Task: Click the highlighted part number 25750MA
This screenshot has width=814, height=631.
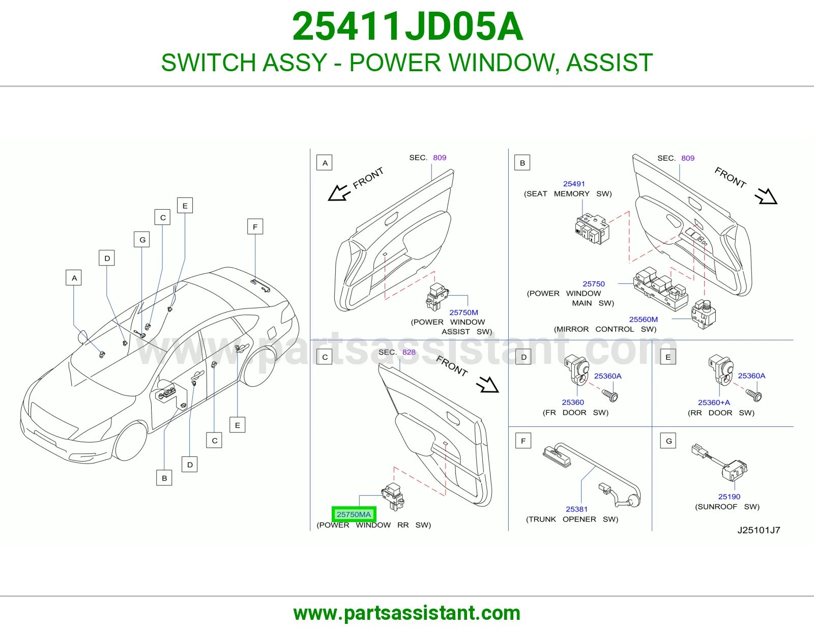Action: tap(354, 514)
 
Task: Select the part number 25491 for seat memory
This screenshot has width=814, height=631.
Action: tap(573, 184)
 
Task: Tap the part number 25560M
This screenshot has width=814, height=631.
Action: tap(643, 319)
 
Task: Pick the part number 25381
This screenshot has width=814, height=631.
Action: tap(576, 509)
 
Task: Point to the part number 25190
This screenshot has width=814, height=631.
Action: tap(729, 497)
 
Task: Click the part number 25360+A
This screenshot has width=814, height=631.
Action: tap(714, 403)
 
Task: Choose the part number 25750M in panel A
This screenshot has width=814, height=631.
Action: tap(463, 312)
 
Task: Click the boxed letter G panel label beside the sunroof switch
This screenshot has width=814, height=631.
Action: tap(668, 441)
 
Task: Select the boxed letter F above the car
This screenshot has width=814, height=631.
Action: tap(255, 226)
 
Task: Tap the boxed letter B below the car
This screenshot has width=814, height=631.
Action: tap(164, 478)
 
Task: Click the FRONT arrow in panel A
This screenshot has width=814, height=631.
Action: tap(339, 193)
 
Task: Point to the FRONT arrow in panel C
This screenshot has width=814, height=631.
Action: tap(487, 384)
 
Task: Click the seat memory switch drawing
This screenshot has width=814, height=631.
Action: tap(592, 230)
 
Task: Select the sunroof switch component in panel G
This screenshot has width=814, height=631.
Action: tap(719, 463)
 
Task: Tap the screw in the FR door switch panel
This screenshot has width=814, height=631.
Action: tap(609, 395)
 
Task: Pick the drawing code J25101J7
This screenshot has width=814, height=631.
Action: tap(759, 530)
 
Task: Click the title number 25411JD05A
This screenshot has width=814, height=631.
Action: tap(407, 26)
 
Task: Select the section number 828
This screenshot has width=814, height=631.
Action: tap(409, 352)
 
